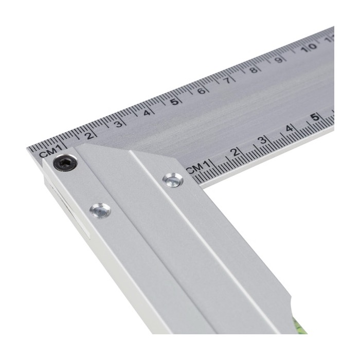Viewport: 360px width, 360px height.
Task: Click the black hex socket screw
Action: (65, 163)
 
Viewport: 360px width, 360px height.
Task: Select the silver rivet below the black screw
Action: (100, 210)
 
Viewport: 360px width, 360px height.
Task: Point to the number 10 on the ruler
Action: (309, 48)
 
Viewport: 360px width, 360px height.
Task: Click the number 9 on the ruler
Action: (279, 60)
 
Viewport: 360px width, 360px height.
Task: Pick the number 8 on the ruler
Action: (253, 70)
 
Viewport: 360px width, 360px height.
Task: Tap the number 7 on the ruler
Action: (227, 80)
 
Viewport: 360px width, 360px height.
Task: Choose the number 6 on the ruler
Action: (202, 91)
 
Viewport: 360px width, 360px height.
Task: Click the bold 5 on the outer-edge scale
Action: (175, 101)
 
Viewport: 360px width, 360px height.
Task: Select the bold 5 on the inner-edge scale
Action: (316, 117)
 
